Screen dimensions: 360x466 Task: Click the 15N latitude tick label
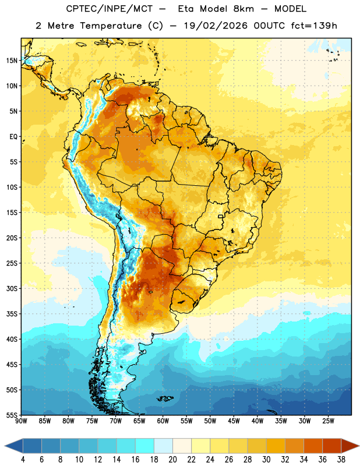click(12, 61)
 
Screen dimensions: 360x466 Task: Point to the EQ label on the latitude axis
click(13, 137)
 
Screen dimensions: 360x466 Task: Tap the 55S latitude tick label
click(12, 415)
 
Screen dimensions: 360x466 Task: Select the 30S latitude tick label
click(12, 288)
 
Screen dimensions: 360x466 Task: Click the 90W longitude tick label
click(21, 421)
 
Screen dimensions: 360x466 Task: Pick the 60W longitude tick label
click(163, 421)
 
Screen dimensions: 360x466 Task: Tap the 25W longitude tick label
click(328, 421)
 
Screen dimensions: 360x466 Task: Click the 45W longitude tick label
click(234, 421)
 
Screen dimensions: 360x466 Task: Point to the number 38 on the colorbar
click(341, 460)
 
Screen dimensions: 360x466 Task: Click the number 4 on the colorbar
click(23, 460)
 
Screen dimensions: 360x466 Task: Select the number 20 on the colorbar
click(172, 460)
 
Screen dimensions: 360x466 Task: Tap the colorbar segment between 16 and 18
click(145, 446)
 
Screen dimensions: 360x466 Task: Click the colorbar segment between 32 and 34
click(295, 446)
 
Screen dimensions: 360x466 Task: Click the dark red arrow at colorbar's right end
click(350, 446)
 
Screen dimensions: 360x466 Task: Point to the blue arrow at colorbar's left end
click(13, 446)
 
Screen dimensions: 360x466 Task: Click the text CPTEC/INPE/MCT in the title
click(110, 9)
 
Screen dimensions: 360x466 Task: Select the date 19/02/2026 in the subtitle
click(216, 26)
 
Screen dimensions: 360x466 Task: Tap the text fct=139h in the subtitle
click(314, 26)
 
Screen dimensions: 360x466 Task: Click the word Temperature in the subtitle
click(111, 26)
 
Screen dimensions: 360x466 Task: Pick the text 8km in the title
click(243, 9)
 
